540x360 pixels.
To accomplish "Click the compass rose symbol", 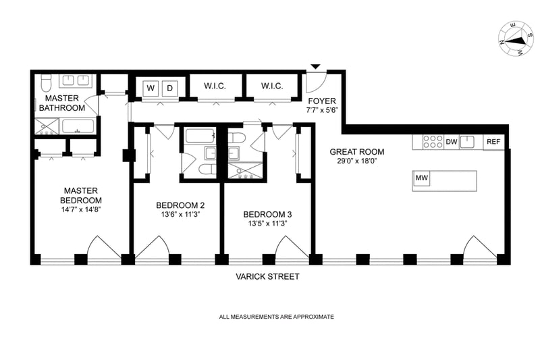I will pos(514,40).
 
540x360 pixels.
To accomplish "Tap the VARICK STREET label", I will pos(267,277).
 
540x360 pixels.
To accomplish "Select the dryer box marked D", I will pos(170,88).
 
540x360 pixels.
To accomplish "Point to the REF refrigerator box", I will pos(493,142).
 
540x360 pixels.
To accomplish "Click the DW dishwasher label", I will pos(452,142).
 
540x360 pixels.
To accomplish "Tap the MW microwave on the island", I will pos(422,178).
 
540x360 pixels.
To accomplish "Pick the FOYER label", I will pos(321,101).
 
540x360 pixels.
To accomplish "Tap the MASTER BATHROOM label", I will pos(61,103).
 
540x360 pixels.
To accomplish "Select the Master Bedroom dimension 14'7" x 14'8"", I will pos(82,209).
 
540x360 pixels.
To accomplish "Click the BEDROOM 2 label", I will pos(180,205).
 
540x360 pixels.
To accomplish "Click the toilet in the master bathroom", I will pos(46,83).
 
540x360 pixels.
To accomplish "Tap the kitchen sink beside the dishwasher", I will pos(472,142).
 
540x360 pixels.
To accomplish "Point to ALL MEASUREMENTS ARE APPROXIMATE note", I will pos(276,317).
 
